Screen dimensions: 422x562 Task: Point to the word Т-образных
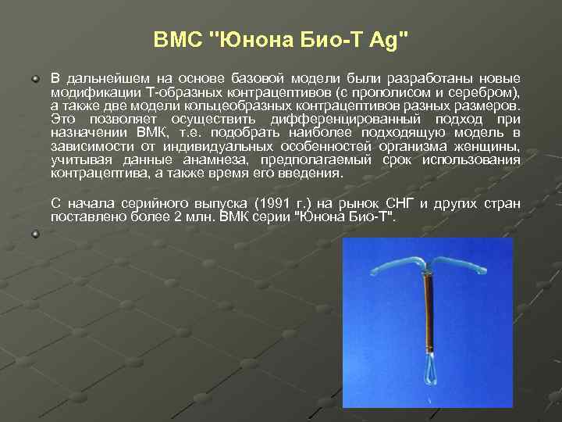coord(166,93)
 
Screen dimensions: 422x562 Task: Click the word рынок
coord(365,204)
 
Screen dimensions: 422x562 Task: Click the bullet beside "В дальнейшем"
coord(35,80)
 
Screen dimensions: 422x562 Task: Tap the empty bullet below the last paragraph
coord(35,234)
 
